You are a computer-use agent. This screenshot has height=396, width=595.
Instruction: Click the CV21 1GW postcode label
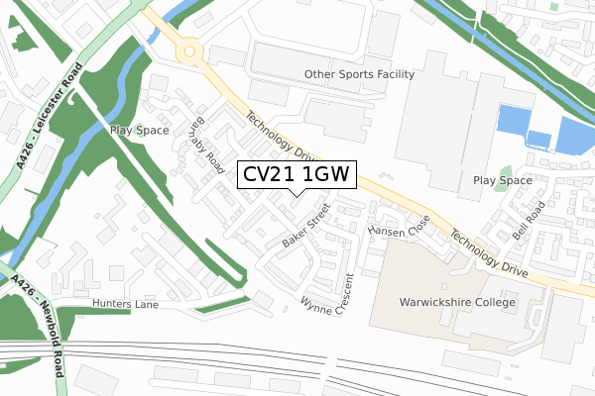[294, 175]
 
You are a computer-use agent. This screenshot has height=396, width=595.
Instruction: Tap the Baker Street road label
[304, 226]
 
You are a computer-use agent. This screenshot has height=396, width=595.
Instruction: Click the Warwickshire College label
[457, 302]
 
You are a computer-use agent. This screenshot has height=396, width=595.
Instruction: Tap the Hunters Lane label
[125, 304]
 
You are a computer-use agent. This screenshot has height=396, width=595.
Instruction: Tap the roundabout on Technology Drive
[188, 49]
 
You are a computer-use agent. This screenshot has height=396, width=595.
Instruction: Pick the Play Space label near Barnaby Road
[140, 130]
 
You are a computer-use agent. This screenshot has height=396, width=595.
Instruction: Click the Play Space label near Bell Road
[503, 181]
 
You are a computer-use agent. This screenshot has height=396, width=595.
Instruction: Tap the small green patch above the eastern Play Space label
[506, 168]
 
